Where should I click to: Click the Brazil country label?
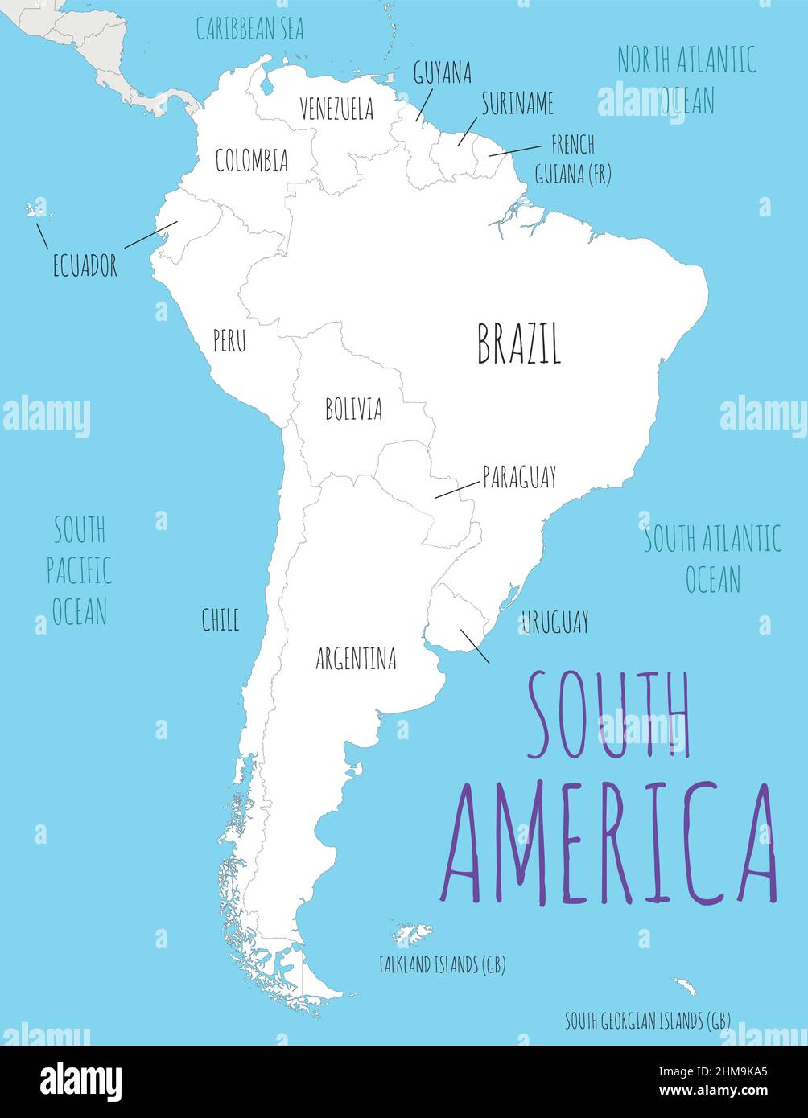pos(519,343)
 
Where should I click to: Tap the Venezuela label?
pos(336,109)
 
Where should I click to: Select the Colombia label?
pos(251,160)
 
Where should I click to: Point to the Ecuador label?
pos(85,265)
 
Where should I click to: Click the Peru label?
pos(229,341)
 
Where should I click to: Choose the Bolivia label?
pos(353,409)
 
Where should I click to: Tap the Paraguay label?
pos(519,477)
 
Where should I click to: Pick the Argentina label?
pos(356,660)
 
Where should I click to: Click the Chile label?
pos(220,619)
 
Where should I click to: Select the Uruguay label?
pos(554,622)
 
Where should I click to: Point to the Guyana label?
pos(442,73)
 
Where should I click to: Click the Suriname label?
pos(517,104)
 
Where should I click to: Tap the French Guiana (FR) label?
pos(572,159)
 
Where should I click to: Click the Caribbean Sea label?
pos(250,29)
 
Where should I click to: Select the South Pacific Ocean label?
pos(79,570)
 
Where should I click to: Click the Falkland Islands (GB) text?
pos(442,965)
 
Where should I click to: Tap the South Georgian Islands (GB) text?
pos(647,1021)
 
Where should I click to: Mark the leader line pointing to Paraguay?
pos(456,490)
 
